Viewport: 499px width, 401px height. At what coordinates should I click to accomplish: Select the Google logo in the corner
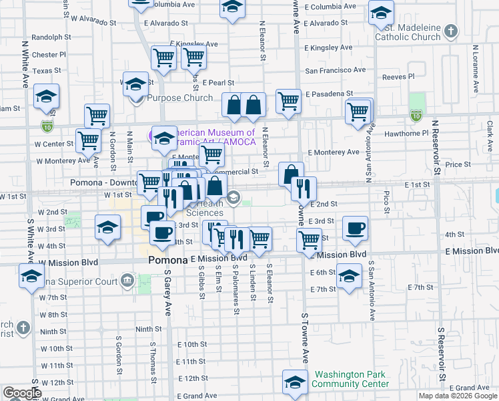point(22,393)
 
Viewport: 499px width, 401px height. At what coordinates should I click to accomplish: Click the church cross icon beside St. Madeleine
point(452,31)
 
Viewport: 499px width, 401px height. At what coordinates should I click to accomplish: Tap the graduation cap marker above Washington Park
point(294,382)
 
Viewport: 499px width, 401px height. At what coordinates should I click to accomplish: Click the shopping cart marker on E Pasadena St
point(288,102)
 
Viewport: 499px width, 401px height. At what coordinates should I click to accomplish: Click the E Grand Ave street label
point(470,388)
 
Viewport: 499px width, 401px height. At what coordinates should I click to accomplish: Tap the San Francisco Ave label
point(336,70)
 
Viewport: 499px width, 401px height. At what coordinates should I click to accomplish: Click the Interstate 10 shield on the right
point(416,116)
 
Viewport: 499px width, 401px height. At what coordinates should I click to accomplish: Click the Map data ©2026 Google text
point(457,396)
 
